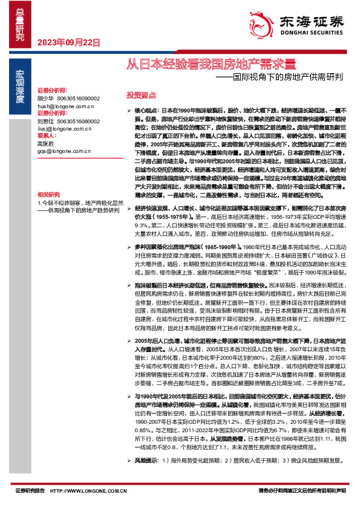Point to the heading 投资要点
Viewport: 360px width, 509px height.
[141, 96]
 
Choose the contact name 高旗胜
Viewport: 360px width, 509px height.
[45, 144]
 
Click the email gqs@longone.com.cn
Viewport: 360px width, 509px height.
[61, 152]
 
